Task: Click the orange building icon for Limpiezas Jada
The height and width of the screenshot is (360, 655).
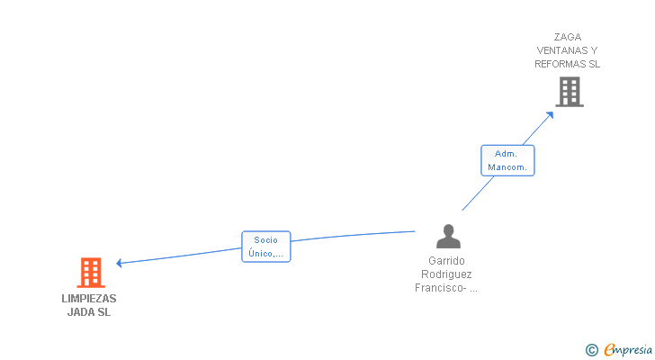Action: (90, 273)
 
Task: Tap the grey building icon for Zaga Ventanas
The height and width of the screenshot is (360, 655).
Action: (569, 92)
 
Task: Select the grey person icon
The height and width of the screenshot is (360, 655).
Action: (447, 237)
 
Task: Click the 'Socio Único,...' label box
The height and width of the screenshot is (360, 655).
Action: (266, 247)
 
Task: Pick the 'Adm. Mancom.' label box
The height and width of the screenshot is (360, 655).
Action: (507, 160)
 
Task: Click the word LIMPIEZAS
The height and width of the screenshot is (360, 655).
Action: (89, 299)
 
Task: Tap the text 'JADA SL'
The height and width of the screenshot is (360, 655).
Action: (89, 312)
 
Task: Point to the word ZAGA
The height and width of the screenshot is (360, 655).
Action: (567, 37)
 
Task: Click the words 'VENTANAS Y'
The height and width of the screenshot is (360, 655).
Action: (567, 50)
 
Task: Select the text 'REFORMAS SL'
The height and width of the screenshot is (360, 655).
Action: (567, 64)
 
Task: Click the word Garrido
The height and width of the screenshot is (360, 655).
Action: (446, 261)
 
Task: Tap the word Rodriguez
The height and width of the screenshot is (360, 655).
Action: (446, 274)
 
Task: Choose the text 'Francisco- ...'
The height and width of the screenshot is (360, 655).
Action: (446, 288)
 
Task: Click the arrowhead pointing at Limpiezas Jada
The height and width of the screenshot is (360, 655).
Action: (120, 264)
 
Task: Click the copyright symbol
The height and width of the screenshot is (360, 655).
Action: (591, 350)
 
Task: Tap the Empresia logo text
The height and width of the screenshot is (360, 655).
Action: (628, 350)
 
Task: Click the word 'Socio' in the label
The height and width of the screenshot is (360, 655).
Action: (266, 240)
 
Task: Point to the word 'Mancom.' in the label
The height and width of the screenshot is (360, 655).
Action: (507, 167)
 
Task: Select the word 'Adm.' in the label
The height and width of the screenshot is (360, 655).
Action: (506, 154)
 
